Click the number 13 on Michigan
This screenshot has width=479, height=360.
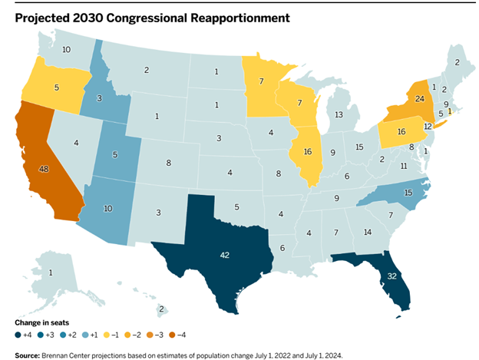coord(339,114)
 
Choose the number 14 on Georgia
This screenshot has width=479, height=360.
coord(367,232)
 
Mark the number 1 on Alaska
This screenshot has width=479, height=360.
coord(51,273)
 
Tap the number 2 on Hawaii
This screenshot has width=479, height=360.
coord(162,309)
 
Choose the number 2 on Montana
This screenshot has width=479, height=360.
coord(147,71)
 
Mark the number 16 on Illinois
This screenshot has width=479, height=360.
coord(308,153)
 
